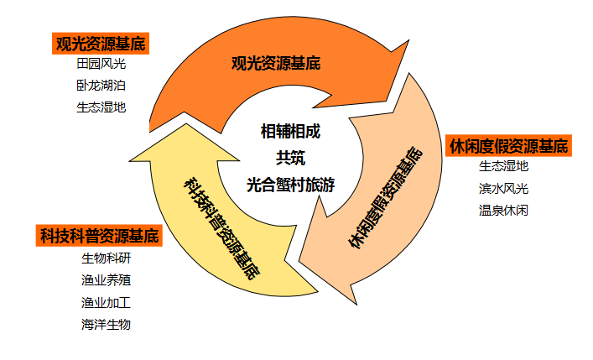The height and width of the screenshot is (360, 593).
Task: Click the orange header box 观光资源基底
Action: [x=100, y=44]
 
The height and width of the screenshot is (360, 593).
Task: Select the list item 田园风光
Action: [x=101, y=64]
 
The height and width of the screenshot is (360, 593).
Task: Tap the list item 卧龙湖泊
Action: [x=101, y=86]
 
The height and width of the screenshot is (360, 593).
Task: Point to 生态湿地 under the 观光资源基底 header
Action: [x=101, y=107]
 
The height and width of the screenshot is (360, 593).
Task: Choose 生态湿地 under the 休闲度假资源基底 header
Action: [x=503, y=166]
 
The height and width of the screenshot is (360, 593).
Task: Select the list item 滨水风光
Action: [x=503, y=188]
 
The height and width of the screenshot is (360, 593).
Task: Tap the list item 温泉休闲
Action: [x=503, y=210]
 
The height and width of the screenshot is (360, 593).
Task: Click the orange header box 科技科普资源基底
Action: [x=98, y=236]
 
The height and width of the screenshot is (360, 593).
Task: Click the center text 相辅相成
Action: [x=290, y=132]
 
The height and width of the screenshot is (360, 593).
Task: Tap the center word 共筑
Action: [x=290, y=157]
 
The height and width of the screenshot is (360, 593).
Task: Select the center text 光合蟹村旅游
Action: [x=290, y=185]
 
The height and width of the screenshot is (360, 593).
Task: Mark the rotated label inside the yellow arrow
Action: [x=221, y=222]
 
